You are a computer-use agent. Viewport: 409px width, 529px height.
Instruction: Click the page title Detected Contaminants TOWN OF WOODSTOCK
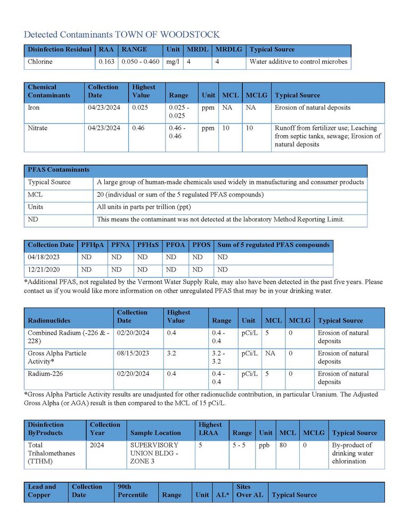click(121, 35)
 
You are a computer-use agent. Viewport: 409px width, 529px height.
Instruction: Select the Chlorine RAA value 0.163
click(107, 62)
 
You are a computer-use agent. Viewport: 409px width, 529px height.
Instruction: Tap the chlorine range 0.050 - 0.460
click(141, 62)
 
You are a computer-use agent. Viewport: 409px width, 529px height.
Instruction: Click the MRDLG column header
click(228, 49)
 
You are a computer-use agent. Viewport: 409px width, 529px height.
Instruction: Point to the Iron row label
click(34, 108)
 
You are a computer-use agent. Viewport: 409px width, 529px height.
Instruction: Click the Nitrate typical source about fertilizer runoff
click(328, 136)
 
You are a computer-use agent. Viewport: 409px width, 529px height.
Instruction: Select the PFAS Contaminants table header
click(59, 170)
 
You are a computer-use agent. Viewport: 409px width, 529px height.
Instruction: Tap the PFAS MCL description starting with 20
click(180, 195)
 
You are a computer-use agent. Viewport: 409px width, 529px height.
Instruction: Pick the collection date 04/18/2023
click(43, 257)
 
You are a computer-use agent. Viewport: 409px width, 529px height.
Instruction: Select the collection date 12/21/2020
click(43, 269)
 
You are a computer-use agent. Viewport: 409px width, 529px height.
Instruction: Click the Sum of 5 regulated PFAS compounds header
click(274, 245)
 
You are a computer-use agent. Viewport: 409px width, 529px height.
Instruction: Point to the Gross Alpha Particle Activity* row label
click(57, 357)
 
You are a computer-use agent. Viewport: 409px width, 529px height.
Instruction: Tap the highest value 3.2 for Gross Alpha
click(171, 353)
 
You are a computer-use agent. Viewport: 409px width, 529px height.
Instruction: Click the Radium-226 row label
click(45, 374)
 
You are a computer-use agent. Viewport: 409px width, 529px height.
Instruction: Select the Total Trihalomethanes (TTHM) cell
click(52, 453)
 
